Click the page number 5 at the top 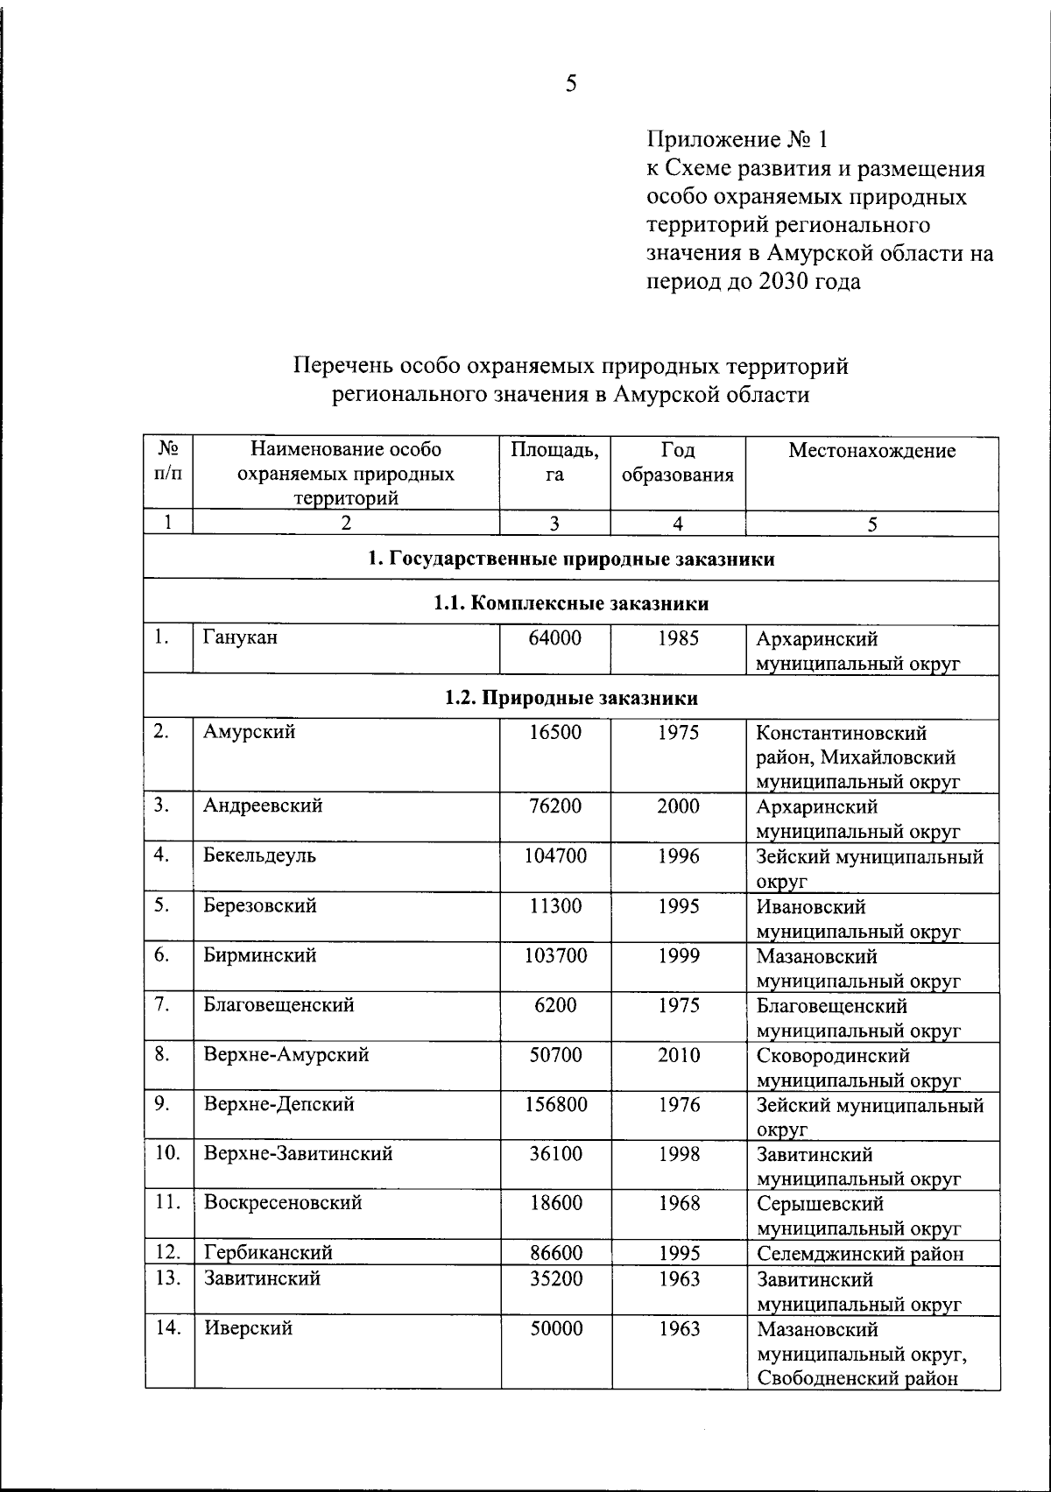pyautogui.click(x=571, y=84)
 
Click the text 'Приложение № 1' pyautogui.click(x=737, y=140)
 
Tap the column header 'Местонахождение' pyautogui.click(x=871, y=451)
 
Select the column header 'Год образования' pyautogui.click(x=678, y=463)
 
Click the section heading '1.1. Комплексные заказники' pyautogui.click(x=571, y=603)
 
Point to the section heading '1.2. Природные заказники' pyautogui.click(x=571, y=698)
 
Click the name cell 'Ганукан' pyautogui.click(x=240, y=637)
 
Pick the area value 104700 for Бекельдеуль pyautogui.click(x=555, y=856)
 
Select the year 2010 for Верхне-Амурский pyautogui.click(x=679, y=1055)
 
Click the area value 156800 pyautogui.click(x=555, y=1105)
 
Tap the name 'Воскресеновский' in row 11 pyautogui.click(x=283, y=1203)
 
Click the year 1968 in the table pyautogui.click(x=679, y=1203)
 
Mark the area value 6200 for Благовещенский pyautogui.click(x=555, y=1005)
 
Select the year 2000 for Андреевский pyautogui.click(x=679, y=806)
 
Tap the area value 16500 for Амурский pyautogui.click(x=555, y=732)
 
